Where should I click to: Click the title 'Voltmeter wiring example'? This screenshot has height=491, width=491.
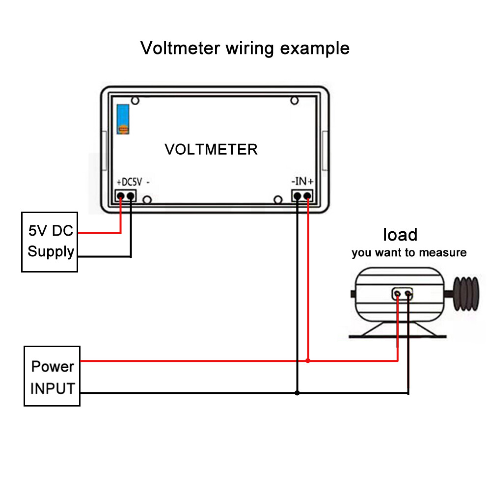[245, 49]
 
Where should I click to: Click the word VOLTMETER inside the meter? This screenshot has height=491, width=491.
[211, 149]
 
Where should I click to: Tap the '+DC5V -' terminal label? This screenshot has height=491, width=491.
[134, 182]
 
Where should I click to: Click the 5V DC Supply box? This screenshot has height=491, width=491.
[50, 242]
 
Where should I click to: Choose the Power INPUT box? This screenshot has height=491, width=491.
[52, 376]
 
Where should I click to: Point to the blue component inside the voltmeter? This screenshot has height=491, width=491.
[123, 119]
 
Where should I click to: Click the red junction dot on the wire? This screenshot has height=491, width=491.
[308, 361]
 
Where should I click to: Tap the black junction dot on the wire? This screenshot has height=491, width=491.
[297, 393]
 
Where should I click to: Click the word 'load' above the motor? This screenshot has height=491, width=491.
[400, 235]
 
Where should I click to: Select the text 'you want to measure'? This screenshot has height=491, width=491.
[409, 253]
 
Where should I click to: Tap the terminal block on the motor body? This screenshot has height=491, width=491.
[403, 294]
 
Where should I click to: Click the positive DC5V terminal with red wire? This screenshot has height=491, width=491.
[121, 196]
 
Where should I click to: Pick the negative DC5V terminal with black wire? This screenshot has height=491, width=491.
[131, 196]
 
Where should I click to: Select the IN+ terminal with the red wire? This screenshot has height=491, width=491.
[308, 196]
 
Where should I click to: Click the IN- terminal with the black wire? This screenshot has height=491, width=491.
[298, 196]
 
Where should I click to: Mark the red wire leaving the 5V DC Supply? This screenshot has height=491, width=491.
[98, 233]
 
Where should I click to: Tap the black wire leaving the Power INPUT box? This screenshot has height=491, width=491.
[187, 393]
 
